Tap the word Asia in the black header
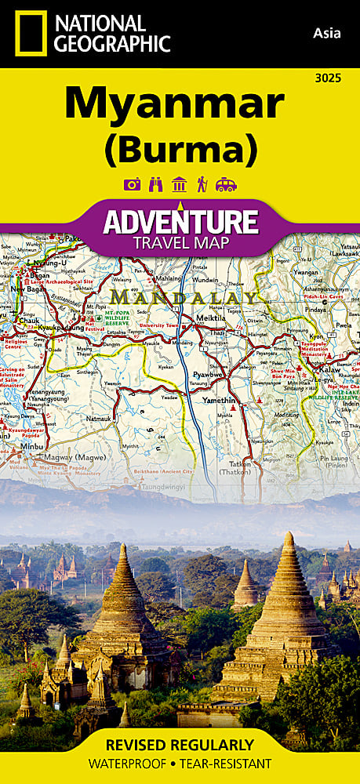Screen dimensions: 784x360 (x=325, y=32)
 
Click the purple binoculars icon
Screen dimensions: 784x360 (x=155, y=185)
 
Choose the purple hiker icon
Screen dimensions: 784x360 (x=202, y=185)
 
